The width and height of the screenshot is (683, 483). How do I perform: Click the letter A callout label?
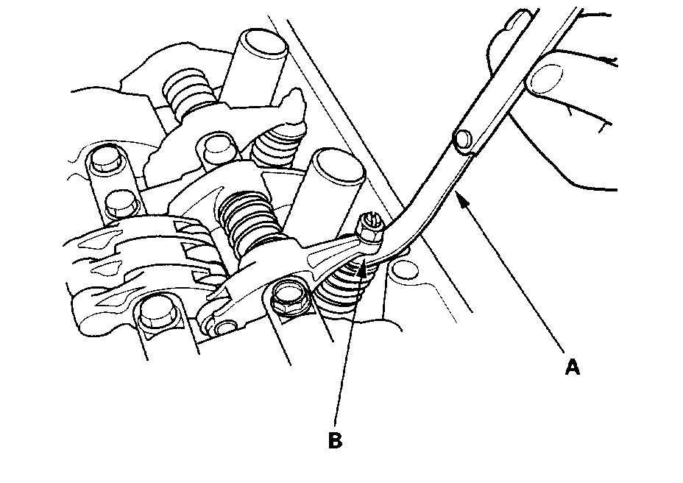pos(572,366)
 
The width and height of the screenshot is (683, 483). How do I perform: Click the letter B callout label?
pos(334,440)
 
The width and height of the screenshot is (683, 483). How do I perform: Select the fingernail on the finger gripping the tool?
pos(548,77)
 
